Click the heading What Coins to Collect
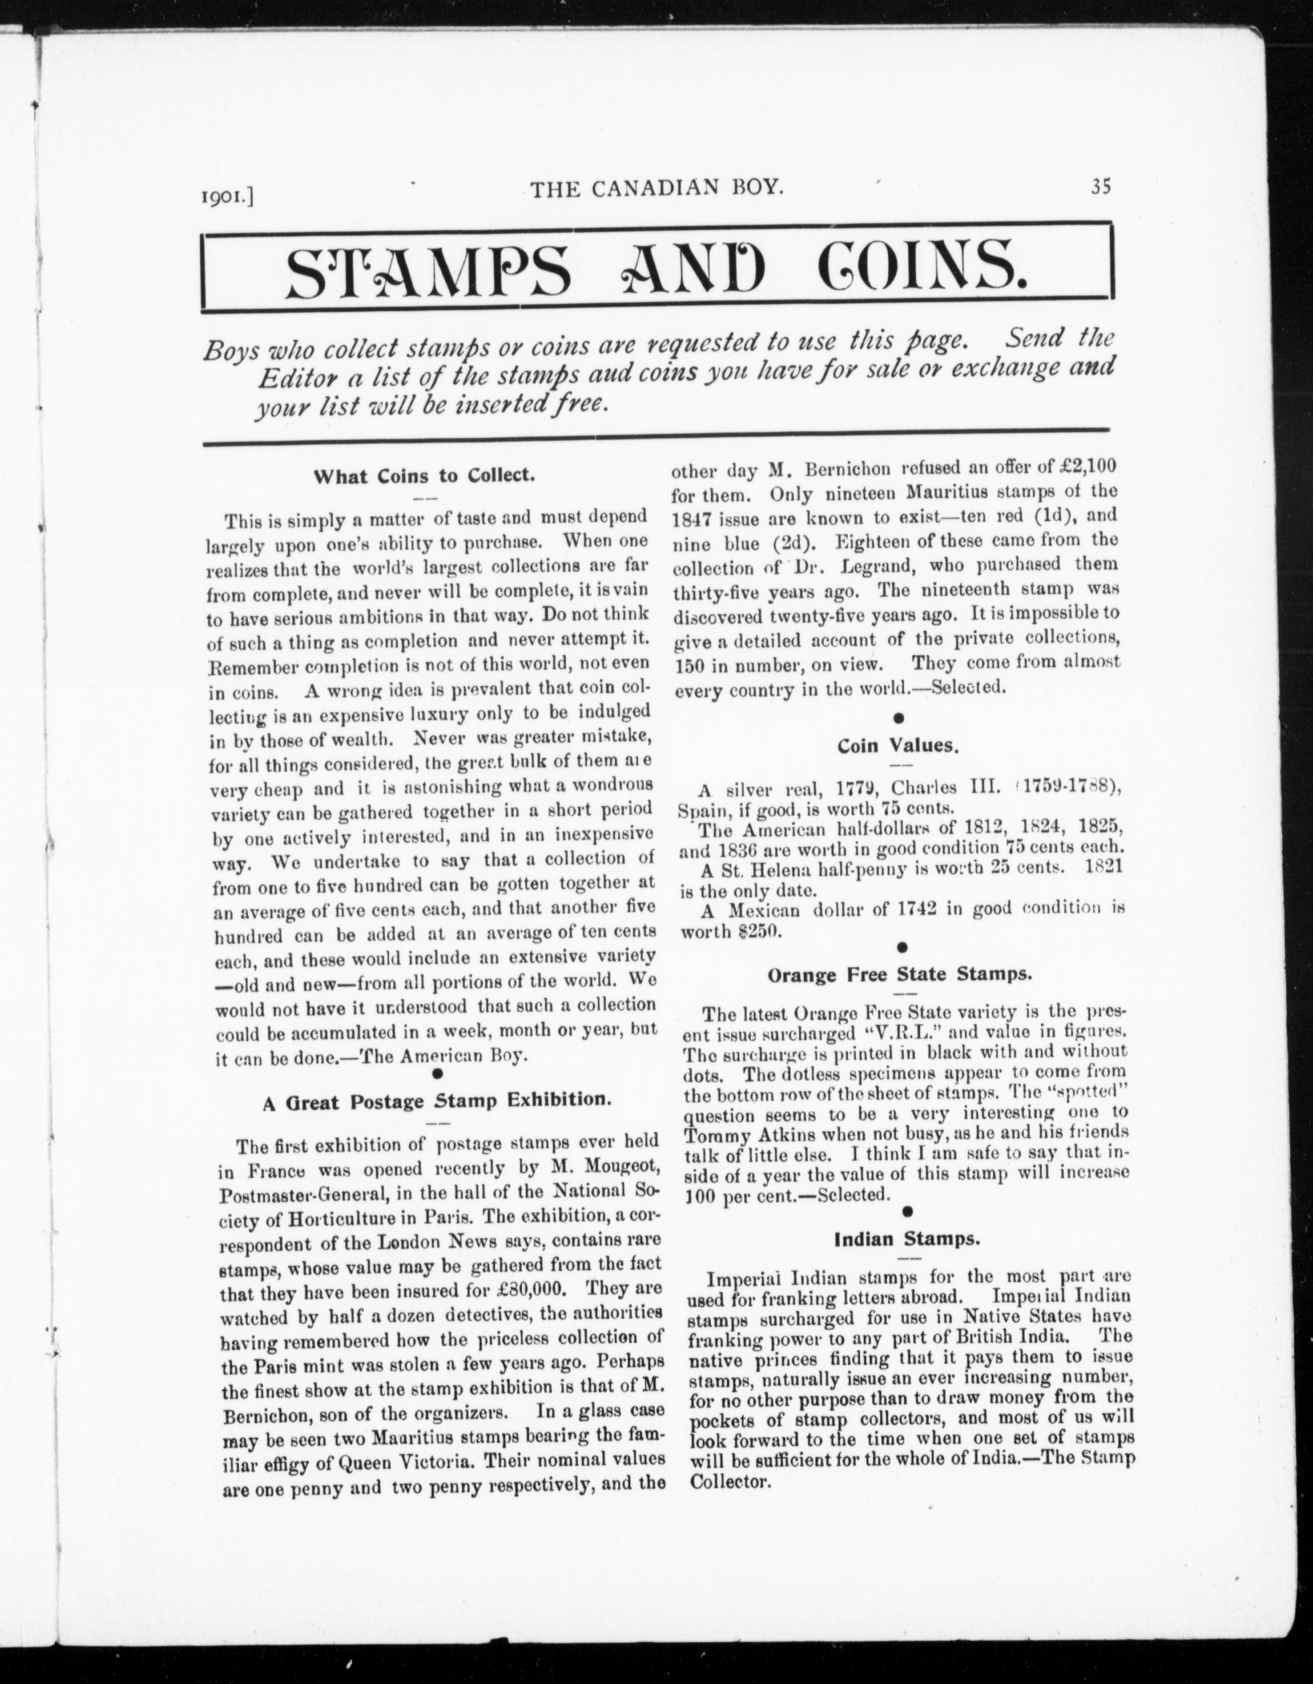coord(424,476)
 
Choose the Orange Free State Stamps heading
coord(899,974)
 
